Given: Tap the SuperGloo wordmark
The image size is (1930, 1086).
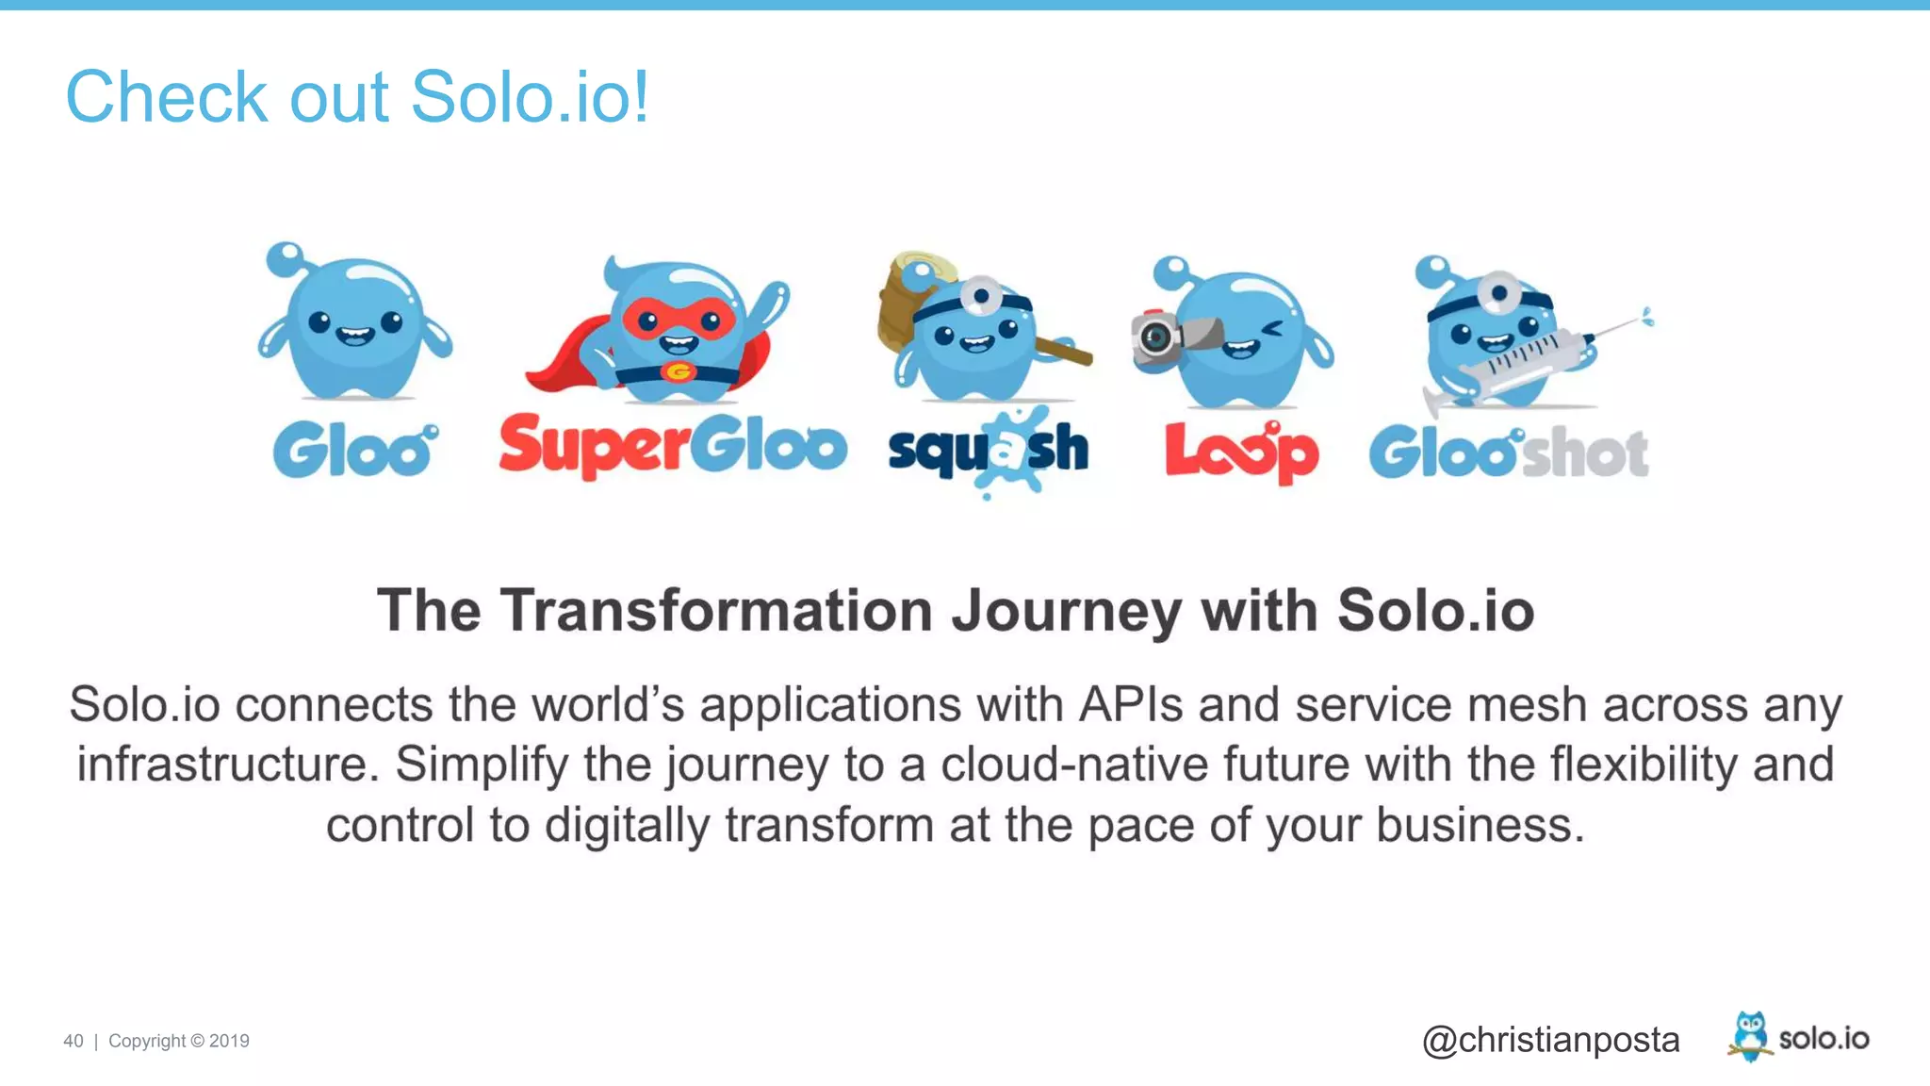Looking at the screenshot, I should (x=672, y=445).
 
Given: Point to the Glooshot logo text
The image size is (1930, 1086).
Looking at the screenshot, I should (x=1508, y=453).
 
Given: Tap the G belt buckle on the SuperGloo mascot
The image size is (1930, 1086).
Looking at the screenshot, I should (x=677, y=372).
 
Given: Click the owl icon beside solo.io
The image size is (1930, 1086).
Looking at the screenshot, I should (x=1750, y=1036).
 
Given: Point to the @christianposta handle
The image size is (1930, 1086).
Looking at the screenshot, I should (x=1550, y=1040).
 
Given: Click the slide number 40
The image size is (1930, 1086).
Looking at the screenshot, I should (x=74, y=1041).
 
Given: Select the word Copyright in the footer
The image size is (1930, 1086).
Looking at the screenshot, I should (x=147, y=1041).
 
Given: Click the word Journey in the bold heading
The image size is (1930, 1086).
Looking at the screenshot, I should (x=1066, y=612).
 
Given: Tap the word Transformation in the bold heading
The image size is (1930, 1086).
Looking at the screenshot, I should (x=716, y=611).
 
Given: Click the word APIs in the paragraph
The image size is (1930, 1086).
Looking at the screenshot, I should (x=1130, y=705).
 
